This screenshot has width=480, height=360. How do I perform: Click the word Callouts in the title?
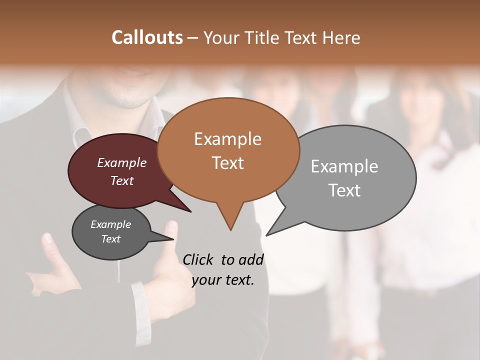147,37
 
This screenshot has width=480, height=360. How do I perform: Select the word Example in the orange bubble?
227,139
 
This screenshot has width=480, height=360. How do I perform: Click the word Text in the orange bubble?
227,163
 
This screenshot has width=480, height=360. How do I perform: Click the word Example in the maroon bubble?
122,162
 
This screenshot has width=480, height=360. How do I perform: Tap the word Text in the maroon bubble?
122,180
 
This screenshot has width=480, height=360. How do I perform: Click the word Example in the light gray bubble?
344,166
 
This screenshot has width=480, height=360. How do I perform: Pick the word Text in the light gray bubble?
344,190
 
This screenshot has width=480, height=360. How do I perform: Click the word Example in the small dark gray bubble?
111,224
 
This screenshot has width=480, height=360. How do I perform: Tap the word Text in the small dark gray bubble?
111,239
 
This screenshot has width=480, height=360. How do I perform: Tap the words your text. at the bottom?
223,280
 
